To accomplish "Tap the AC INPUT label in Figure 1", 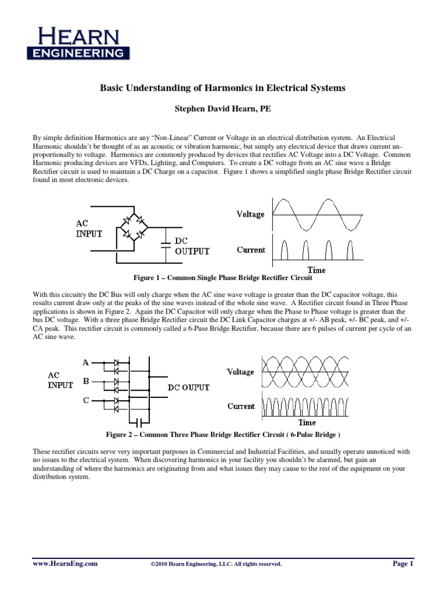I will pyautogui.click(x=89, y=229).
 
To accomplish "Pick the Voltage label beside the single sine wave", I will pyautogui.click(x=250, y=214).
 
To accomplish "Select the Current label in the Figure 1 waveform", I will pyautogui.click(x=251, y=250).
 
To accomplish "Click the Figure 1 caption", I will pyautogui.click(x=223, y=278).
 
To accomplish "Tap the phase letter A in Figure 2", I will pyautogui.click(x=85, y=362).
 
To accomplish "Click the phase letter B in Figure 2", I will pyautogui.click(x=85, y=382).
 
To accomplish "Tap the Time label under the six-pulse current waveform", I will pyautogui.click(x=307, y=422).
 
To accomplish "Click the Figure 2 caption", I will pyautogui.click(x=223, y=434).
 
